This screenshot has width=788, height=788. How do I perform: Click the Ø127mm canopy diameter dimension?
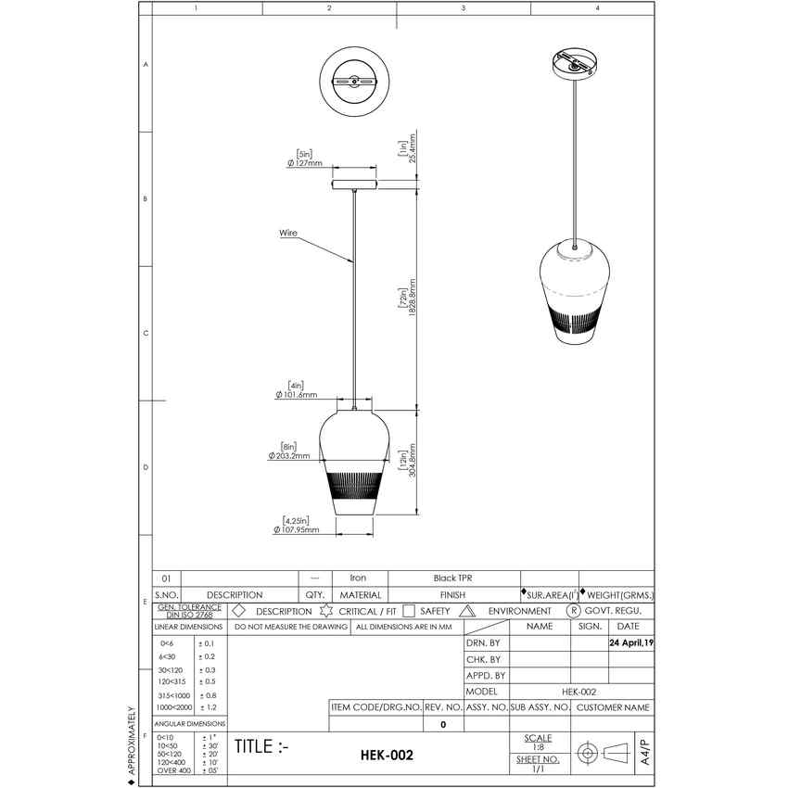[x=304, y=163]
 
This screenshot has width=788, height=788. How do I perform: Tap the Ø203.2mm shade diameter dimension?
[x=288, y=455]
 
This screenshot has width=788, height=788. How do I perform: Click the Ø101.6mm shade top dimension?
[x=297, y=394]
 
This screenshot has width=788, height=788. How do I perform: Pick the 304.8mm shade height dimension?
[x=401, y=462]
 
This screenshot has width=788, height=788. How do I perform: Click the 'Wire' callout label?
[x=288, y=234]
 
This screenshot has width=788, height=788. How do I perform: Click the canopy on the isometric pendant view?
[x=575, y=63]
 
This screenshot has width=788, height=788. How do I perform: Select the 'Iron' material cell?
[x=357, y=578]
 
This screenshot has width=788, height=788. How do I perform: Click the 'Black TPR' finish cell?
[x=453, y=578]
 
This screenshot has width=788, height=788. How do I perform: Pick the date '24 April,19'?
[x=630, y=642]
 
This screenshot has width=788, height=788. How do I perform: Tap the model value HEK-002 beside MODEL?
[x=578, y=692]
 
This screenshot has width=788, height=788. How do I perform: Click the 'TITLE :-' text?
[x=261, y=747]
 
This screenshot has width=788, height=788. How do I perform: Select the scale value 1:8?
[x=538, y=746]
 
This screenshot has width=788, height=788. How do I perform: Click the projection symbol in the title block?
[x=602, y=753]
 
